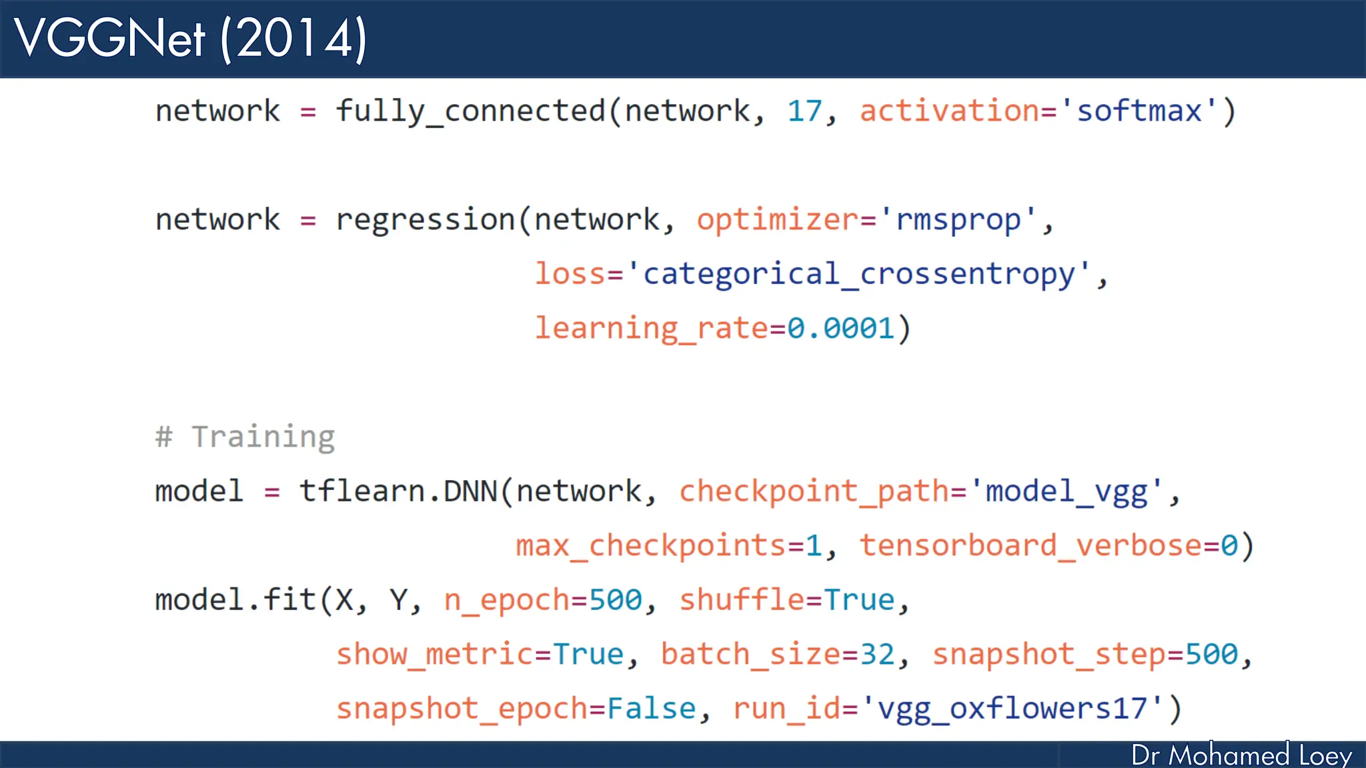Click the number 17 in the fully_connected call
point(804,111)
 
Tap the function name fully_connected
point(470,111)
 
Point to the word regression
point(425,220)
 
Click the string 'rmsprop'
point(958,220)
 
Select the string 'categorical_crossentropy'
point(859,274)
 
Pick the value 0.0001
point(840,328)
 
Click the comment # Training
point(245,437)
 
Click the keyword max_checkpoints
point(651,546)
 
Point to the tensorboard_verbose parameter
point(1031,546)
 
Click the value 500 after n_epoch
point(616,600)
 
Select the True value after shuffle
point(859,600)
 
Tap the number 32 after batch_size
point(877,654)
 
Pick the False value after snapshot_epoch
point(651,709)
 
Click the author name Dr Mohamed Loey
point(1241,755)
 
